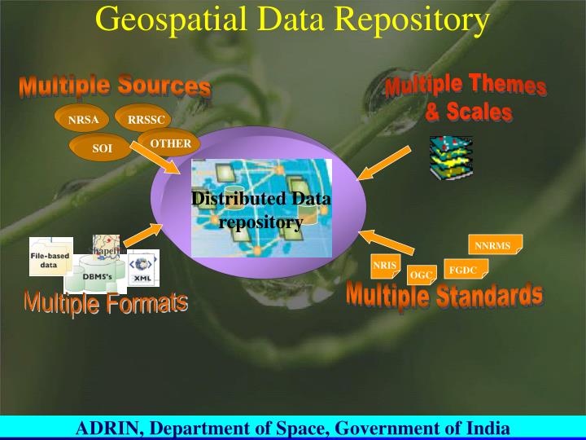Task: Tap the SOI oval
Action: point(101,148)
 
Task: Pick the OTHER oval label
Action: point(170,144)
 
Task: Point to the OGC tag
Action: point(421,275)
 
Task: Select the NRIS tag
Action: point(383,266)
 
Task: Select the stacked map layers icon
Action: point(451,157)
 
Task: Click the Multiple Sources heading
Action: point(115,86)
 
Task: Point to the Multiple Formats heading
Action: point(106,304)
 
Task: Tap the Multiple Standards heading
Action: point(444,297)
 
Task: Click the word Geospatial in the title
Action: point(163,20)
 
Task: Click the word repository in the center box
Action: point(261,222)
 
